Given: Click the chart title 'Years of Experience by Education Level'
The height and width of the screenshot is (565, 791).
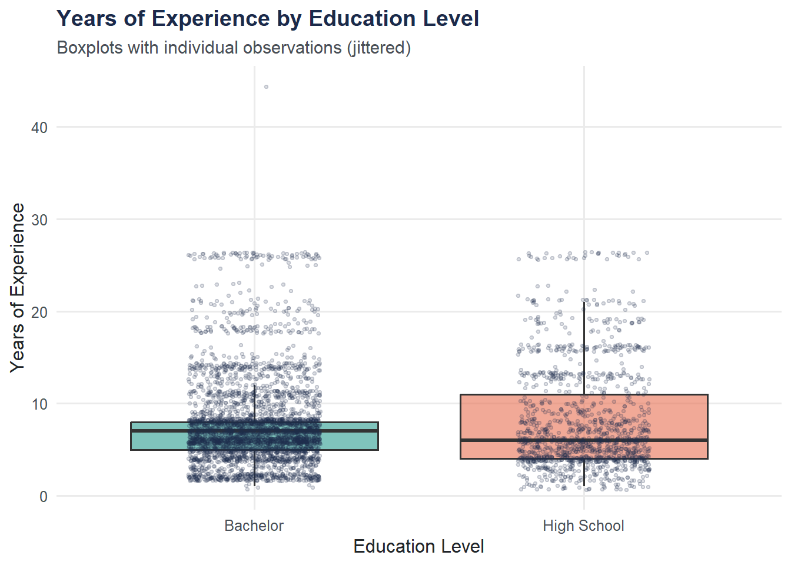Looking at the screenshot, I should point(268,19).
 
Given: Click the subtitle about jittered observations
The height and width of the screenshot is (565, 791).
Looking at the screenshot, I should point(234,48).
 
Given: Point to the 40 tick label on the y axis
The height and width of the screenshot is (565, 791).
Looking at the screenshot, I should point(39,128).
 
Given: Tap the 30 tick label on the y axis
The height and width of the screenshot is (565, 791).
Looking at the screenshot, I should point(39,220).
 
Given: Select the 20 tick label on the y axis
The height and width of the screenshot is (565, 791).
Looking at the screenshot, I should point(39,313).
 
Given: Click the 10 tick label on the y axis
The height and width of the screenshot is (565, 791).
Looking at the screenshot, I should point(39,404).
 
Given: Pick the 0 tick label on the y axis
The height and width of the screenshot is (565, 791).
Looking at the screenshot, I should point(44,497).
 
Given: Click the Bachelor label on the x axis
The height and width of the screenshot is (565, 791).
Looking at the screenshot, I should point(254,526).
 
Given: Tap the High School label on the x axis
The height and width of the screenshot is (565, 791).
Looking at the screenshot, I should point(583,526).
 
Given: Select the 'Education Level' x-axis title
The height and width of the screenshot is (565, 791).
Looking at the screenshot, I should point(418,547).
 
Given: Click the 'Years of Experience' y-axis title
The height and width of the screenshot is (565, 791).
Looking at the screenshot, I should point(18,287).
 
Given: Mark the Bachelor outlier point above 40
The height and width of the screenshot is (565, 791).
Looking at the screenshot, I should point(266,87).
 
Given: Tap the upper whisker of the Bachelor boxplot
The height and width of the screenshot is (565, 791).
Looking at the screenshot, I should point(254,404).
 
